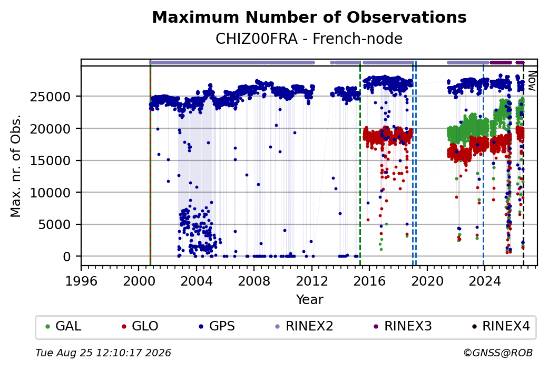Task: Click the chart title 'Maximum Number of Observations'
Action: point(309,17)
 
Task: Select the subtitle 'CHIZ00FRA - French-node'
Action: point(309,39)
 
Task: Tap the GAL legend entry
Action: point(64,326)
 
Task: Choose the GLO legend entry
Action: point(140,326)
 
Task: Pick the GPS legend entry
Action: point(217,326)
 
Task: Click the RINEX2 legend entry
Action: point(305,326)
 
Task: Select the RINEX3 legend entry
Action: point(403,326)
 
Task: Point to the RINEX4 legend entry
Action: point(501,326)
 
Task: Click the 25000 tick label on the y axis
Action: point(50,97)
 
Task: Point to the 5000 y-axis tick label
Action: point(54,224)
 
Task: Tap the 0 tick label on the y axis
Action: point(67,257)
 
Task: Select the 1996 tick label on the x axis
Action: point(82,281)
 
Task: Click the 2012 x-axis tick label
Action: point(312,281)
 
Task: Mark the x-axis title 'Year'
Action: point(310,300)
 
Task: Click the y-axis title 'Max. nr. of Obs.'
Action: point(16,166)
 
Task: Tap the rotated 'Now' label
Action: point(532,81)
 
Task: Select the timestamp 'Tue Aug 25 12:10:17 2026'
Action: point(103,353)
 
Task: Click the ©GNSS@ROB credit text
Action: point(498,353)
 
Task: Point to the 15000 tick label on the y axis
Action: point(50,160)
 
